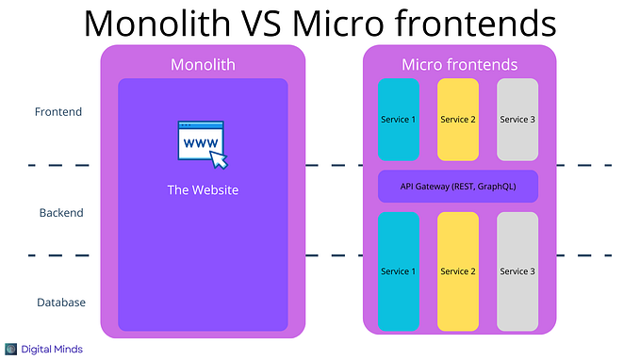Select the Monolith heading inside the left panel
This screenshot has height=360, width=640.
pyautogui.click(x=202, y=65)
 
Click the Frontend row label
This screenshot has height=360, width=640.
pyautogui.click(x=58, y=112)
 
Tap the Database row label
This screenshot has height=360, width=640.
pyautogui.click(x=61, y=303)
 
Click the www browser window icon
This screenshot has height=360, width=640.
pyautogui.click(x=200, y=140)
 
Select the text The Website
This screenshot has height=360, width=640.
pyautogui.click(x=203, y=190)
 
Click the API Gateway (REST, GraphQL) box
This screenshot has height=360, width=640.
pyautogui.click(x=458, y=187)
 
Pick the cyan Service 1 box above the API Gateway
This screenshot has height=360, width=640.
pyautogui.click(x=399, y=120)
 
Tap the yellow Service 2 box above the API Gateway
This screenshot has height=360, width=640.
pyautogui.click(x=457, y=120)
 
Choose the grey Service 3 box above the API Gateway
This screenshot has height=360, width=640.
pyautogui.click(x=517, y=120)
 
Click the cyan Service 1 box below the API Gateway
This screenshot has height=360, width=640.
pyautogui.click(x=399, y=271)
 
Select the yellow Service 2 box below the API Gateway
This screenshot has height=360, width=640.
pyautogui.click(x=457, y=271)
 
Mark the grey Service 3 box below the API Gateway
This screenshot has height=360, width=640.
pyautogui.click(x=517, y=271)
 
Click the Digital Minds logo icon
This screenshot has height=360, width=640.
pyautogui.click(x=11, y=349)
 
